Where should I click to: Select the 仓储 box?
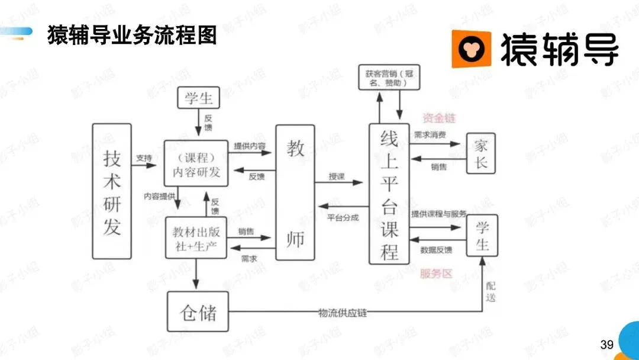tap(198, 311)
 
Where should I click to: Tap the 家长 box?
tap(480, 153)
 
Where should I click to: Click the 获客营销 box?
tap(389, 78)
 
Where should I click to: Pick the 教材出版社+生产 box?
tap(196, 237)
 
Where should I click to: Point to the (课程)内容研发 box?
tap(196, 163)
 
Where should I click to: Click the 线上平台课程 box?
tap(389, 194)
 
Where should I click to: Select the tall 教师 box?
tap(295, 192)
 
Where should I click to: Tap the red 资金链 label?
tap(439, 118)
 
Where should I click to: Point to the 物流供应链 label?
tap(343, 312)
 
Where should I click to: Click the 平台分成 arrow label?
tap(343, 217)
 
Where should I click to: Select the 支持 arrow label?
tap(144, 158)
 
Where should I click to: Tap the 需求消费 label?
tap(430, 136)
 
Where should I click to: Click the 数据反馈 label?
tap(437, 250)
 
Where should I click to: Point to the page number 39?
tap(606, 345)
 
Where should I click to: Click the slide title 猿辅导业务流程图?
tap(132, 35)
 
